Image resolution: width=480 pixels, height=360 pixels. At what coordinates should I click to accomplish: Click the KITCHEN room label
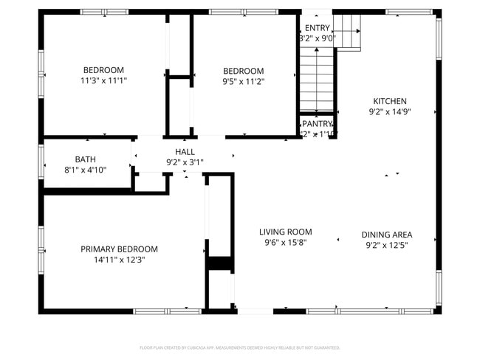pyautogui.click(x=389, y=102)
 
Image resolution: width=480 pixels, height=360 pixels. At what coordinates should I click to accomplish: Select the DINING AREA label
pyautogui.click(x=386, y=235)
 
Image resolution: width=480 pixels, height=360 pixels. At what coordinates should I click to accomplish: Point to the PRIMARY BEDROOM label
pyautogui.click(x=119, y=249)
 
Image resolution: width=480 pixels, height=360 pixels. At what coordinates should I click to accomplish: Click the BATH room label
pyautogui.click(x=85, y=159)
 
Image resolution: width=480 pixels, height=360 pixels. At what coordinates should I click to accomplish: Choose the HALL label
pyautogui.click(x=185, y=152)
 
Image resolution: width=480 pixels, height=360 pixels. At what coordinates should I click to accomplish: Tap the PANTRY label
pyautogui.click(x=318, y=124)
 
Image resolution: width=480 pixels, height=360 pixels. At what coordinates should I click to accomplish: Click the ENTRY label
pyautogui.click(x=318, y=27)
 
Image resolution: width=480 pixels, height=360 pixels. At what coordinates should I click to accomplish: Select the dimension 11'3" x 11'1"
pyautogui.click(x=104, y=80)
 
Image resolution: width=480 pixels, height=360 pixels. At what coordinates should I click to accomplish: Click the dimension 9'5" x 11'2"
pyautogui.click(x=243, y=82)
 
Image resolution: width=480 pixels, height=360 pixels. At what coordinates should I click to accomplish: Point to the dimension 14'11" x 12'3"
pyautogui.click(x=119, y=260)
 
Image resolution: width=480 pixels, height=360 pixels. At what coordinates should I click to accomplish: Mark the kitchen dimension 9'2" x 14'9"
pyautogui.click(x=389, y=112)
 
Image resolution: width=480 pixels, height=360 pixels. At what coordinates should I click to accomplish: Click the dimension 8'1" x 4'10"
pyautogui.click(x=85, y=170)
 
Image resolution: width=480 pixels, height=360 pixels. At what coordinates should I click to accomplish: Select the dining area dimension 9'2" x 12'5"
pyautogui.click(x=386, y=245)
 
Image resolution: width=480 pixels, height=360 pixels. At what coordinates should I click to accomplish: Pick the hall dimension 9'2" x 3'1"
pyautogui.click(x=185, y=162)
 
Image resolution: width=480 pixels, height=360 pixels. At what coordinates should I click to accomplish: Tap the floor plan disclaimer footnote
pyautogui.click(x=240, y=347)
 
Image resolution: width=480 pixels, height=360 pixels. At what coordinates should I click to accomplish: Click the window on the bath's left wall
pyautogui.click(x=41, y=161)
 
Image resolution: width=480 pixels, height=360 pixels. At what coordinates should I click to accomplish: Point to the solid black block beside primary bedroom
pyautogui.click(x=219, y=263)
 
